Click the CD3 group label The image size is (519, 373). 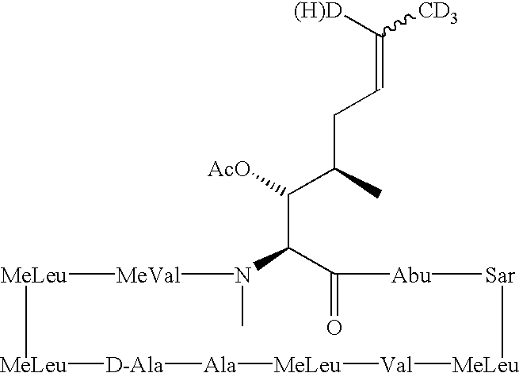point(438,13)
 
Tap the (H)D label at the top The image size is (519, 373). point(318,12)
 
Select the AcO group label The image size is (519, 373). point(229,169)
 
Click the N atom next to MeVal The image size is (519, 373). point(242,275)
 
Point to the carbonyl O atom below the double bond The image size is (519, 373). point(334,328)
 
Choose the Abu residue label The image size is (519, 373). point(411,275)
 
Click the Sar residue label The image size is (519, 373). point(500,275)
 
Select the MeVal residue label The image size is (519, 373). point(148,275)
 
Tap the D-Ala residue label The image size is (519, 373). point(134,365)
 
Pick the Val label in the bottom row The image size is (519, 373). point(397,365)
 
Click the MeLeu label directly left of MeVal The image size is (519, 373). point(33,275)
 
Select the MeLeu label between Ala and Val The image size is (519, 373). point(307,365)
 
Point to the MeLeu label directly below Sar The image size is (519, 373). point(485,365)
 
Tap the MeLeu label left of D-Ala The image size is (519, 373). point(33,365)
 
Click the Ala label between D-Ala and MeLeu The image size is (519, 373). point(219,365)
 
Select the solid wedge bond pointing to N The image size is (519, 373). point(271,259)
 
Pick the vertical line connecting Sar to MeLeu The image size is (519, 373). point(503,321)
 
